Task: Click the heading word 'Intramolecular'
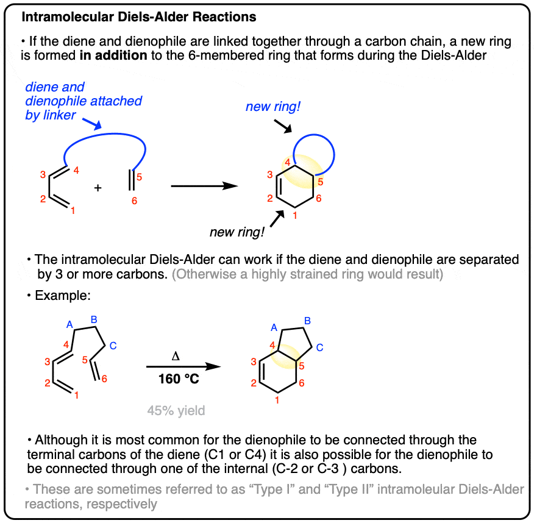click(x=68, y=16)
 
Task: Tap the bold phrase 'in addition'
click(x=113, y=55)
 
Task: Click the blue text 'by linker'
click(x=51, y=115)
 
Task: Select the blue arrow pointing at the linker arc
click(x=92, y=124)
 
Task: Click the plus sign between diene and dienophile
click(x=98, y=188)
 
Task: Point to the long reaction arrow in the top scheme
click(x=204, y=186)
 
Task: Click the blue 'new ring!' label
click(x=273, y=107)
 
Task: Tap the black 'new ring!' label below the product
click(x=237, y=232)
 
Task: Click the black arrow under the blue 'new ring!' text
click(x=283, y=126)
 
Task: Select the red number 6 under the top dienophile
click(x=135, y=201)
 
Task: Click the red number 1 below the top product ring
click(x=295, y=215)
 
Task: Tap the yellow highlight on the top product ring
click(x=302, y=171)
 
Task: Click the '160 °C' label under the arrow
click(x=179, y=379)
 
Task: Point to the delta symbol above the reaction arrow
click(x=176, y=356)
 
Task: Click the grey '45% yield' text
click(x=176, y=411)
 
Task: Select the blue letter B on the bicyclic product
click(x=307, y=321)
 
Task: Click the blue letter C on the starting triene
click(x=113, y=346)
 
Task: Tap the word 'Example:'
click(x=63, y=295)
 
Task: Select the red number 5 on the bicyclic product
click(x=301, y=366)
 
